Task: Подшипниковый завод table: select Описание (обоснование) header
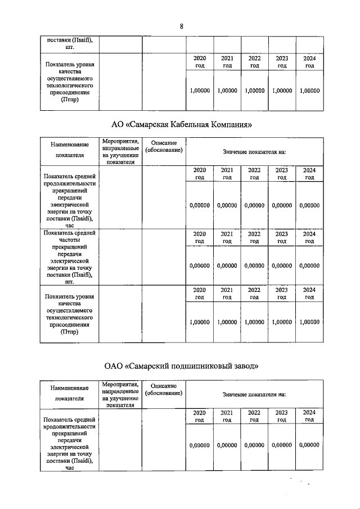coord(164,389)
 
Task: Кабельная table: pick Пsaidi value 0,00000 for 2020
coord(199,205)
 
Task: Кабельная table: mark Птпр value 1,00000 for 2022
coord(254,322)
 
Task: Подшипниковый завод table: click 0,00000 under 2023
coord(282,445)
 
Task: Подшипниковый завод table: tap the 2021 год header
coord(227,416)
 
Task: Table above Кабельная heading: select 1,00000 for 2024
coord(309,90)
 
